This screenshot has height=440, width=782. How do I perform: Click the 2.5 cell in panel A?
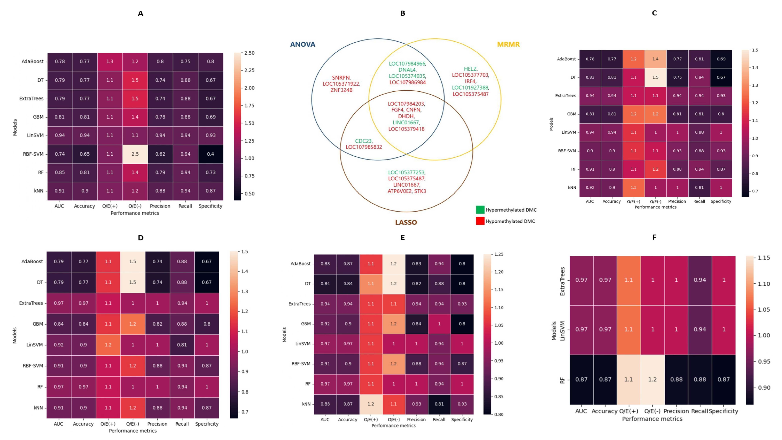coord(135,154)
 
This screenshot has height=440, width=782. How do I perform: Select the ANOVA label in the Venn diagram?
coord(303,44)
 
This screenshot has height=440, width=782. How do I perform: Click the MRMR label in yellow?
coord(508,44)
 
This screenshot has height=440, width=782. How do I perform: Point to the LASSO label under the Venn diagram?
coord(406,222)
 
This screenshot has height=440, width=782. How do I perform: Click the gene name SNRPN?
coord(341,78)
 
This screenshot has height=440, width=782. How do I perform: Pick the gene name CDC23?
coord(363,141)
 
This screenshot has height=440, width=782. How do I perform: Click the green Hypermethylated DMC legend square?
coord(480,210)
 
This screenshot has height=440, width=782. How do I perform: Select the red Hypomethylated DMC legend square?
coord(480,221)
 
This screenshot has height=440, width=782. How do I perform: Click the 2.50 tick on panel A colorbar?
coord(249,53)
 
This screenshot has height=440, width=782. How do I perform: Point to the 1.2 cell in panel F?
coord(652,379)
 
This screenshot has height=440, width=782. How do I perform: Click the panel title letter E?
coord(403,237)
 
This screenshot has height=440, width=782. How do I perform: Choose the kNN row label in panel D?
coord(38,408)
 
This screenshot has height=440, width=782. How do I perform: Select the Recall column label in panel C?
coord(699,201)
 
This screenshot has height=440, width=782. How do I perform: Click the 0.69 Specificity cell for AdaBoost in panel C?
coord(721,59)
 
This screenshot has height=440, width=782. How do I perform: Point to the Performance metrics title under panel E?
coord(393,425)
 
